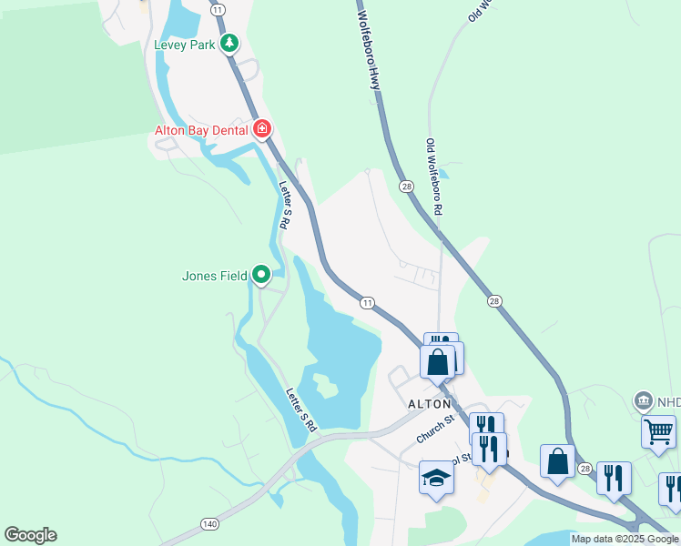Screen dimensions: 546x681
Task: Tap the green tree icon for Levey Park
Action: (230, 43)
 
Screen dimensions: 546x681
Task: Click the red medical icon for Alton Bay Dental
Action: (262, 129)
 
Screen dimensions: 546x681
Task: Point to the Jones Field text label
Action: (214, 275)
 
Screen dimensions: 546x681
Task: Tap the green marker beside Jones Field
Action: (261, 274)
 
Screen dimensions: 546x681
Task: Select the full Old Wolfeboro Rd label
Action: (434, 177)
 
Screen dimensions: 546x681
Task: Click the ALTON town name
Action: (429, 403)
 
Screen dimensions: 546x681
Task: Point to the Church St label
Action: (435, 429)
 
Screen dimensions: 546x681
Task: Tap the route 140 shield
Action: (209, 524)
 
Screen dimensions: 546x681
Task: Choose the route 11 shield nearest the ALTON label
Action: (367, 302)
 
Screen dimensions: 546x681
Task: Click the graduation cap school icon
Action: (436, 479)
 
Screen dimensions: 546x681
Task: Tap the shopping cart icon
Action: (658, 430)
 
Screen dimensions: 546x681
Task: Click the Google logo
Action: (30, 535)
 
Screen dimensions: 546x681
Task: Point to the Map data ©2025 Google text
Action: (624, 539)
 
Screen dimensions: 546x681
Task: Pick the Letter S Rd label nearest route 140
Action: (301, 410)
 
